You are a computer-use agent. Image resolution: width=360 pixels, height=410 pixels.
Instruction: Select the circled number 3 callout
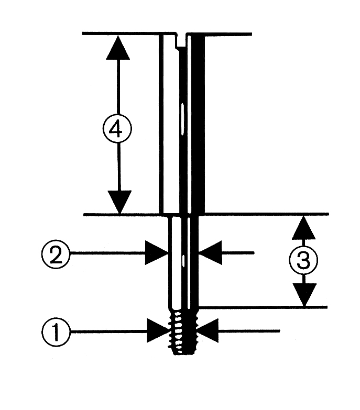click(303, 261)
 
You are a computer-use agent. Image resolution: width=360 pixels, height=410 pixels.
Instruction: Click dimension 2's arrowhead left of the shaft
click(157, 253)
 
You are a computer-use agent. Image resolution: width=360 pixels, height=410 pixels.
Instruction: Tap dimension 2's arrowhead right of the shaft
click(212, 253)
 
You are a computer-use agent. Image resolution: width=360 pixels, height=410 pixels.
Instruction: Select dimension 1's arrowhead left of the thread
click(159, 331)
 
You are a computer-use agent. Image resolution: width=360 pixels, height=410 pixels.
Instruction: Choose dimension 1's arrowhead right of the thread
click(209, 331)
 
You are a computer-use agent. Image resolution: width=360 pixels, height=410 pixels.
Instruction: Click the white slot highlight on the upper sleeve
click(182, 116)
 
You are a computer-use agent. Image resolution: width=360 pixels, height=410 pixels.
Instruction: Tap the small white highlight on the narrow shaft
click(183, 259)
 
